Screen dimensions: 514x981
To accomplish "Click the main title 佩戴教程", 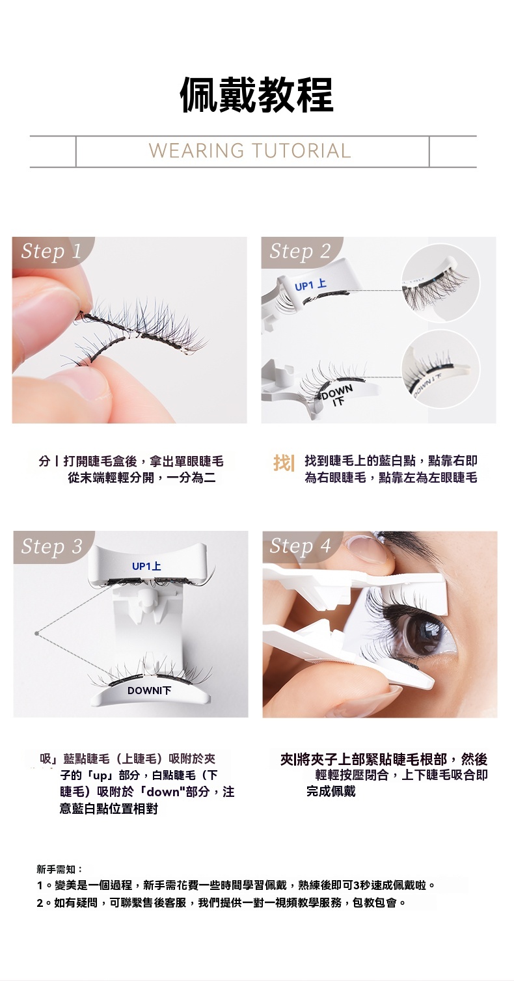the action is point(257,95).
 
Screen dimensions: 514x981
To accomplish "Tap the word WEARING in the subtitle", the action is point(196,151).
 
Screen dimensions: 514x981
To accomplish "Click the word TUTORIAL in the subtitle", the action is point(301,151).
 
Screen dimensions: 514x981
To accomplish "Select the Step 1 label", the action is point(51,251).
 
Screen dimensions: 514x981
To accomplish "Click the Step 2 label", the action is point(300,251).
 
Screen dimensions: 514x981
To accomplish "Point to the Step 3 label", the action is point(51,546).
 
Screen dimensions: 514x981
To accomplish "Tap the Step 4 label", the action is point(300,546).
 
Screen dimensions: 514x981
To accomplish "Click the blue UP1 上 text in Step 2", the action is point(311,285).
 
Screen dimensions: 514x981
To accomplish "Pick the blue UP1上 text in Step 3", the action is point(147,566).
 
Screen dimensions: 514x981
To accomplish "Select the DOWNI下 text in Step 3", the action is point(150,691).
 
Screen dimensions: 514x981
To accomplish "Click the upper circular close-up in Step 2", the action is point(440,283).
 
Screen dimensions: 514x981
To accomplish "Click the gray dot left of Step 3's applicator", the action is point(36,633).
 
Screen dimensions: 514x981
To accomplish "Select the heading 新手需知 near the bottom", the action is point(56,869).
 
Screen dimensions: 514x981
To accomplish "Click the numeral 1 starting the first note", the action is point(40,885).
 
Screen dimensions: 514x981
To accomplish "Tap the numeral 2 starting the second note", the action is point(40,902).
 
